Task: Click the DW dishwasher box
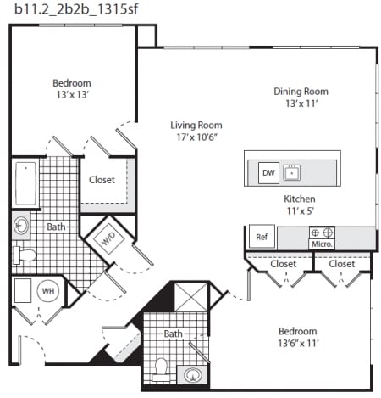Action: tap(268, 173)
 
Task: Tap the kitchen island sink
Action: tap(291, 172)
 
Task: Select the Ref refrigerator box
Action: tap(262, 237)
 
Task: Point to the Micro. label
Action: tap(322, 244)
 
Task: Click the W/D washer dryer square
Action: tap(108, 239)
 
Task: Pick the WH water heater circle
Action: tap(48, 291)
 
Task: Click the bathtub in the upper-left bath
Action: tap(25, 183)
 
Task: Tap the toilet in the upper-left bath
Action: tap(25, 255)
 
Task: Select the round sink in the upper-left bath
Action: tap(21, 226)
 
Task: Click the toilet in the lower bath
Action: tap(161, 369)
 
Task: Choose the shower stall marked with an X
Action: tap(190, 297)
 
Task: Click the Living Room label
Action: tap(196, 126)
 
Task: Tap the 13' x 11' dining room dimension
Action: tap(301, 104)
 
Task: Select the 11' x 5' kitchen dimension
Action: tap(300, 211)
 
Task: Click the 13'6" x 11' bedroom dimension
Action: tap(298, 344)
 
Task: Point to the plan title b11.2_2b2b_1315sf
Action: tap(76, 9)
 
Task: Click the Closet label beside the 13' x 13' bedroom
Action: tap(102, 180)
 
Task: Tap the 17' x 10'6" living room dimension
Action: tap(196, 137)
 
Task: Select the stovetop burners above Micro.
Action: tap(322, 233)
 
